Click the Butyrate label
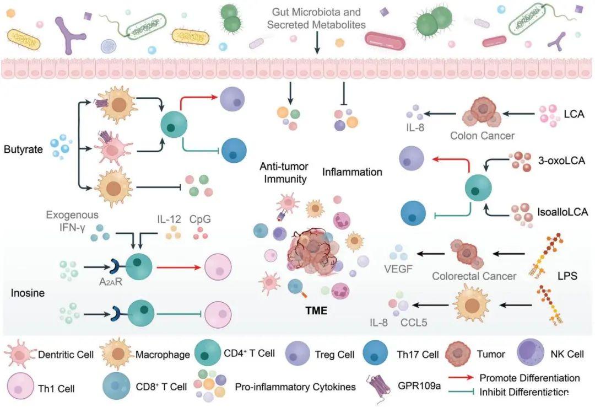[x=23, y=149]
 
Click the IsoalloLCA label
[x=562, y=211]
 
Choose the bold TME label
[x=316, y=310]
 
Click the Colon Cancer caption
[x=482, y=135]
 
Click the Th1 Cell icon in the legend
[x=20, y=386]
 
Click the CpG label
[x=201, y=219]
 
